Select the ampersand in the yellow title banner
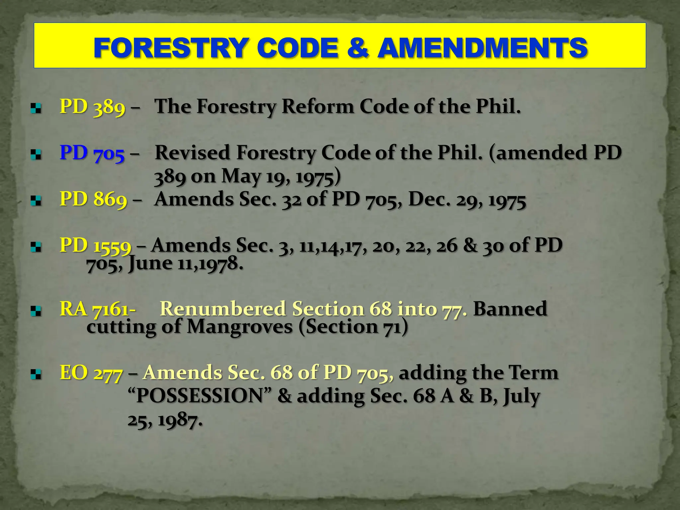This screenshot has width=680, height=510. click(358, 48)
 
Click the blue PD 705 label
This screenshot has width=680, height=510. click(92, 153)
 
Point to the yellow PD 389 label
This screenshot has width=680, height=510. click(93, 107)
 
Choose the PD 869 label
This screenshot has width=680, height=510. click(93, 200)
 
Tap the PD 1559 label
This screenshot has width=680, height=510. click(96, 246)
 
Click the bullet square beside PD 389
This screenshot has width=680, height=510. click(36, 108)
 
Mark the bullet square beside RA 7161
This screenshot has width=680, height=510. click(36, 311)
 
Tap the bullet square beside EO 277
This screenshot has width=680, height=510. click(36, 375)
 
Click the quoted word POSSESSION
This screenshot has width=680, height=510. click(200, 396)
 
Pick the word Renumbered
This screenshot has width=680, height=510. click(223, 309)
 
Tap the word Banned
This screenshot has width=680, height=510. click(510, 309)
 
